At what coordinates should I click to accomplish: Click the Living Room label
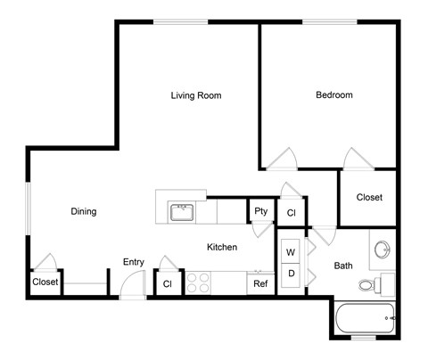tap(196, 95)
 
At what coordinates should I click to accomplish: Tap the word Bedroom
tap(334, 95)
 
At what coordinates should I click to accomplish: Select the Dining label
tap(83, 211)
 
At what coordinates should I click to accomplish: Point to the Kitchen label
tap(222, 247)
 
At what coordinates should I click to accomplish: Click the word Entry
tap(134, 262)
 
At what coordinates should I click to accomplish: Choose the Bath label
tap(343, 266)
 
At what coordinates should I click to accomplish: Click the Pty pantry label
tap(260, 211)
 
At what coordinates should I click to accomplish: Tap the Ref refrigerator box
tap(260, 284)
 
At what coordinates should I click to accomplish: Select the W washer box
tap(291, 253)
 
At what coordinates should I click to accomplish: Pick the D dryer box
tap(291, 273)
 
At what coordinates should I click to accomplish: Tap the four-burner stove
tap(198, 282)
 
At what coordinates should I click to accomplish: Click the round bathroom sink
tap(383, 249)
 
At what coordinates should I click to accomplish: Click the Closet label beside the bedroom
tap(369, 197)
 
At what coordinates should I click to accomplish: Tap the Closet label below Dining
tap(45, 282)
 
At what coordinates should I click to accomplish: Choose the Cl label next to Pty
tap(292, 213)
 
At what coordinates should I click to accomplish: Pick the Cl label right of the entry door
tap(166, 284)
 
